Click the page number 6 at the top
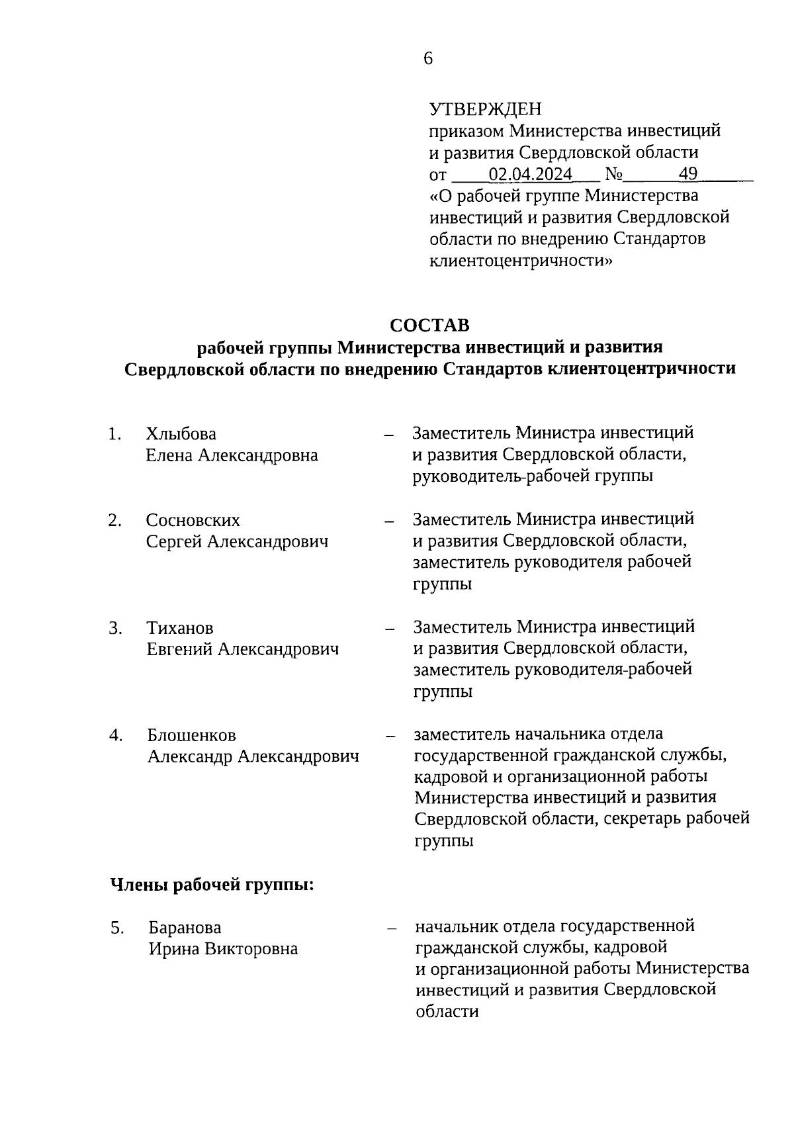[427, 59]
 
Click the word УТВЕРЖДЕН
[485, 109]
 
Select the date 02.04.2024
[530, 174]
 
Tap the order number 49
[688, 174]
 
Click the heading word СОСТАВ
[429, 326]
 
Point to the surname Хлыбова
[181, 434]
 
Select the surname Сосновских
[193, 520]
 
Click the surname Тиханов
[180, 628]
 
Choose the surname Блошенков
[191, 735]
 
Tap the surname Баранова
[185, 927]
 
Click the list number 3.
[115, 628]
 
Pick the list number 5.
[117, 928]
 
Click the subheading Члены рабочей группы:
[211, 885]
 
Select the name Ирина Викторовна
[223, 949]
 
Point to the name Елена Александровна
[232, 455]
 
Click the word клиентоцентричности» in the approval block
[521, 260]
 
